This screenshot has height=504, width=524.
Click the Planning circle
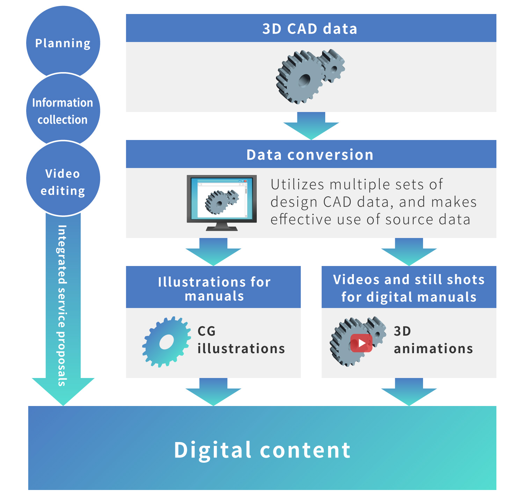click(x=63, y=43)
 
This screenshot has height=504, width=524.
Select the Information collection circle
click(x=63, y=111)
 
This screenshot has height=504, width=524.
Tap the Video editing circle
click(x=63, y=178)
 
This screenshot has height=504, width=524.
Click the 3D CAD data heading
click(x=310, y=29)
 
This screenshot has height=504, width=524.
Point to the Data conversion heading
click(x=310, y=155)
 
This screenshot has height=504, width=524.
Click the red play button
click(x=361, y=343)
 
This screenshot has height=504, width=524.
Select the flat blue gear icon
click(x=167, y=342)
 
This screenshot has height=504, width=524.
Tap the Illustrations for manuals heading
click(x=214, y=289)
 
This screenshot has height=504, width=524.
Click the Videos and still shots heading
click(x=409, y=288)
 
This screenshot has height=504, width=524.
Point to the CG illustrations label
click(x=241, y=339)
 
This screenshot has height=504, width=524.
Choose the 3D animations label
click(x=433, y=339)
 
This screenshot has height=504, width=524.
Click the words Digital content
click(x=262, y=450)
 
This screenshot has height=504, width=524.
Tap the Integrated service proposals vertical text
click(x=62, y=306)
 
